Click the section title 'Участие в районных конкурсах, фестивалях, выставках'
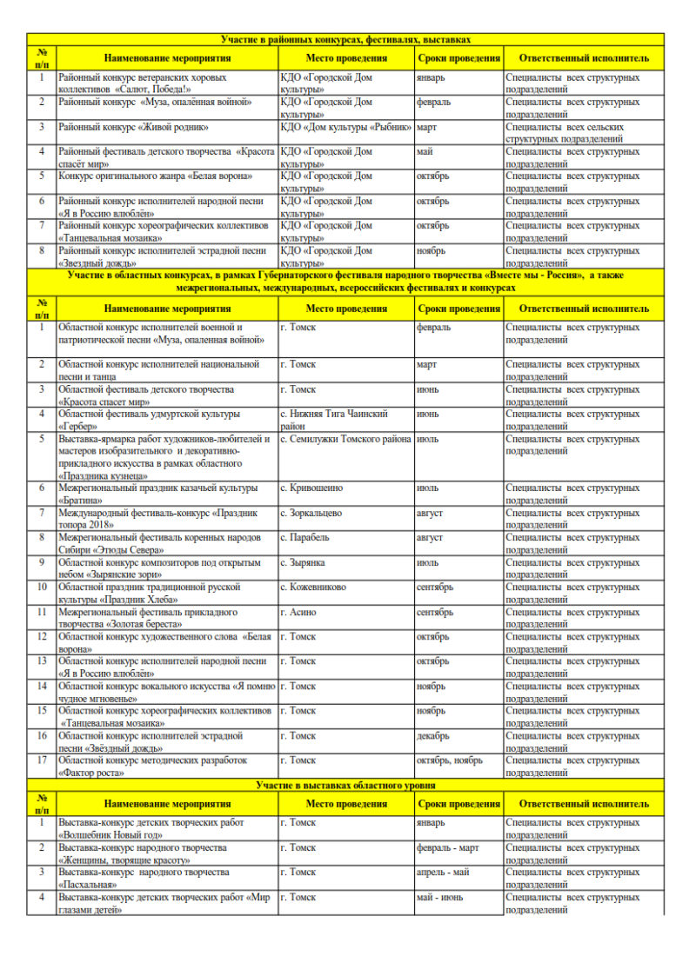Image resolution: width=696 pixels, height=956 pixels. [345, 39]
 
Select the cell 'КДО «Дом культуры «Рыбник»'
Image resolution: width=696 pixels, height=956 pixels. [345, 127]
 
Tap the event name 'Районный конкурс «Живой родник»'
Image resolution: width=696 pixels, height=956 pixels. [134, 127]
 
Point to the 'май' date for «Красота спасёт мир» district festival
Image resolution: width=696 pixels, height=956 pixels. [425, 151]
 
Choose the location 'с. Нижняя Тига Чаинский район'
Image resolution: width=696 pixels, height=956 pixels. [334, 420]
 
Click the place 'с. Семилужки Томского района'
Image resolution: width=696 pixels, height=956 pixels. [345, 439]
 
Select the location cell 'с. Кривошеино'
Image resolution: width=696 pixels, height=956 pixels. [311, 488]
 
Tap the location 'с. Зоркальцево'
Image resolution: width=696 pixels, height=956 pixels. [311, 513]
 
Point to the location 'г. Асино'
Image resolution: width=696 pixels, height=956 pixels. [299, 612]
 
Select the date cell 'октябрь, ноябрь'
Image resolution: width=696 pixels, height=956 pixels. [450, 760]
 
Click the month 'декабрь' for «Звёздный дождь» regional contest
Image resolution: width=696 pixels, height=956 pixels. [433, 735]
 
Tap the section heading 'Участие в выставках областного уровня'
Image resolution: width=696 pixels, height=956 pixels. [345, 785]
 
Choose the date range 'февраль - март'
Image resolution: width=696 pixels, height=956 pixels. [448, 847]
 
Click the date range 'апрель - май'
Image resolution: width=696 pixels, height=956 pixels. [443, 872]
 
